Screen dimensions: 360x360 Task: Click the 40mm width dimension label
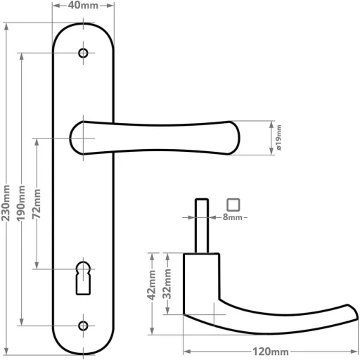coord(84,6)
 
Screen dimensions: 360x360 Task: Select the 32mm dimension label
coord(167,283)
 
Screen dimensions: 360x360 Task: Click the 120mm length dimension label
coord(271,351)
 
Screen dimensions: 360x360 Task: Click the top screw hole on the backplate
coord(84,53)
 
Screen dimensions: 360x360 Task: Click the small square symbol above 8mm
coord(234,205)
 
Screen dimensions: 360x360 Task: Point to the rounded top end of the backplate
coord(84,32)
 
